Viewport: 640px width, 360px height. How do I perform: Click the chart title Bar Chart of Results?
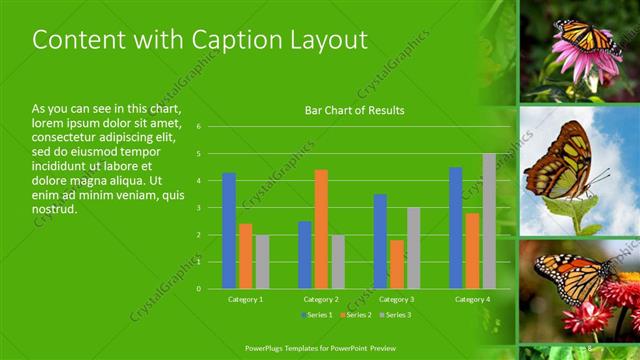coord(354,110)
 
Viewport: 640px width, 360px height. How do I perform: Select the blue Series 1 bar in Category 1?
coord(229,230)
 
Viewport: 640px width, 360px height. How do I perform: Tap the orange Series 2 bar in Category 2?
coord(321,229)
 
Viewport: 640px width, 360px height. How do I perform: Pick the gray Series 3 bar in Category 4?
coord(489,221)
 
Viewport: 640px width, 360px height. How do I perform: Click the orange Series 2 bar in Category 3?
coord(397,264)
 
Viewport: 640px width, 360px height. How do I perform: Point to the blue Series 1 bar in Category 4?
coord(456,228)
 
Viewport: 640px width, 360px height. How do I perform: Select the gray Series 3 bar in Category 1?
coord(262,261)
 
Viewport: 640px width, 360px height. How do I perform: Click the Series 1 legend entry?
coord(319,316)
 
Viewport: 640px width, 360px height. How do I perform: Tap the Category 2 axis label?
coord(321,299)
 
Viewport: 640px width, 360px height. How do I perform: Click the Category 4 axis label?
coord(471,299)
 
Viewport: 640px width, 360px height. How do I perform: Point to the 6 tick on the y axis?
coord(200,127)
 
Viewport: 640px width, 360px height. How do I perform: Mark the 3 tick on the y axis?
coord(200,208)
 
